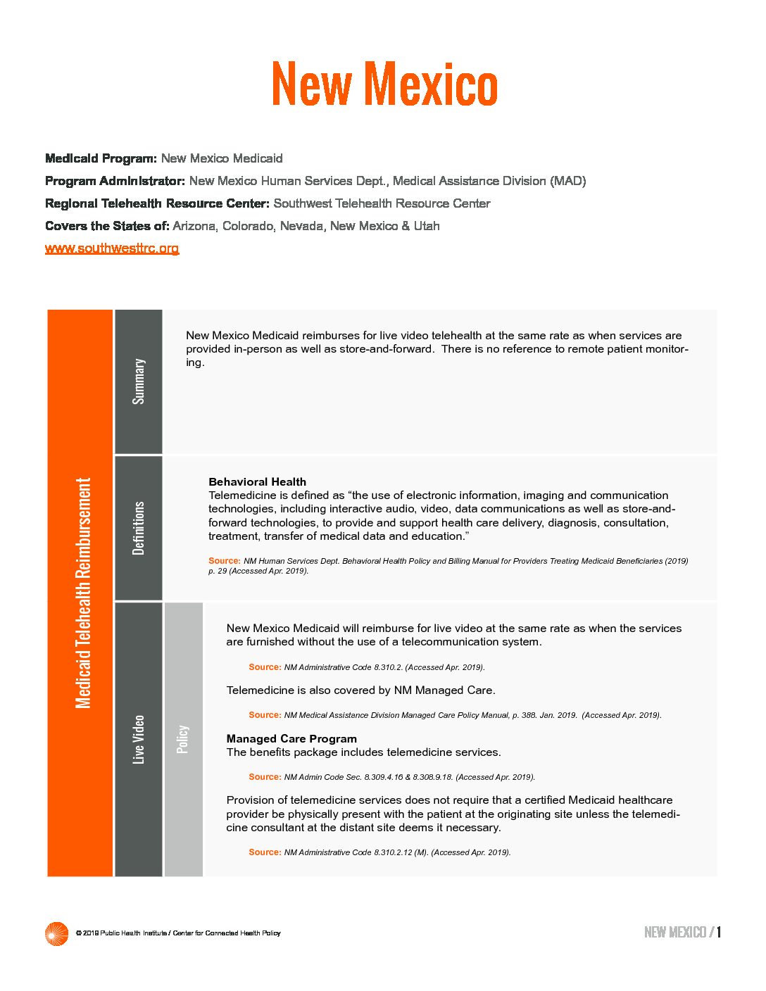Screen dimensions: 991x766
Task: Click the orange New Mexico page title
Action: (x=384, y=84)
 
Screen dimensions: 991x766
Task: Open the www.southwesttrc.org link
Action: (x=112, y=248)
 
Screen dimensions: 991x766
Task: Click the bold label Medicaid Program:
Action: (x=101, y=158)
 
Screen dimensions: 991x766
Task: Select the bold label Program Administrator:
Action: (x=115, y=181)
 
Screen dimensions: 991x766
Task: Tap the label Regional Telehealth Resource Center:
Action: (x=157, y=203)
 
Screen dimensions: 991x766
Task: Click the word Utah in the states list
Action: (x=427, y=226)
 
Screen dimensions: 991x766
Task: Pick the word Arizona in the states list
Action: (x=194, y=226)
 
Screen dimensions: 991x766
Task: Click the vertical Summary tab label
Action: (x=139, y=381)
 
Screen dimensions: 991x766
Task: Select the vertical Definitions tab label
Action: (x=139, y=528)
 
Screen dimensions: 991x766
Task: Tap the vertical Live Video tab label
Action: (x=139, y=739)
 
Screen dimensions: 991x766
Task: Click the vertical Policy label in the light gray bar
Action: (x=183, y=739)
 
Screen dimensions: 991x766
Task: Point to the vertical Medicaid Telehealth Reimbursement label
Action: (x=83, y=593)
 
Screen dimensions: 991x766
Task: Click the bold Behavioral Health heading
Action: (x=257, y=482)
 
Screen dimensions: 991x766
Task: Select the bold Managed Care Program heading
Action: (x=291, y=739)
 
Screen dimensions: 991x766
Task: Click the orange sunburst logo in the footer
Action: (x=56, y=933)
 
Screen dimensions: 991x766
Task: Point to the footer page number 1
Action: (x=719, y=933)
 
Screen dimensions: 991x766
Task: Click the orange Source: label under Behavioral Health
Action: (x=225, y=561)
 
